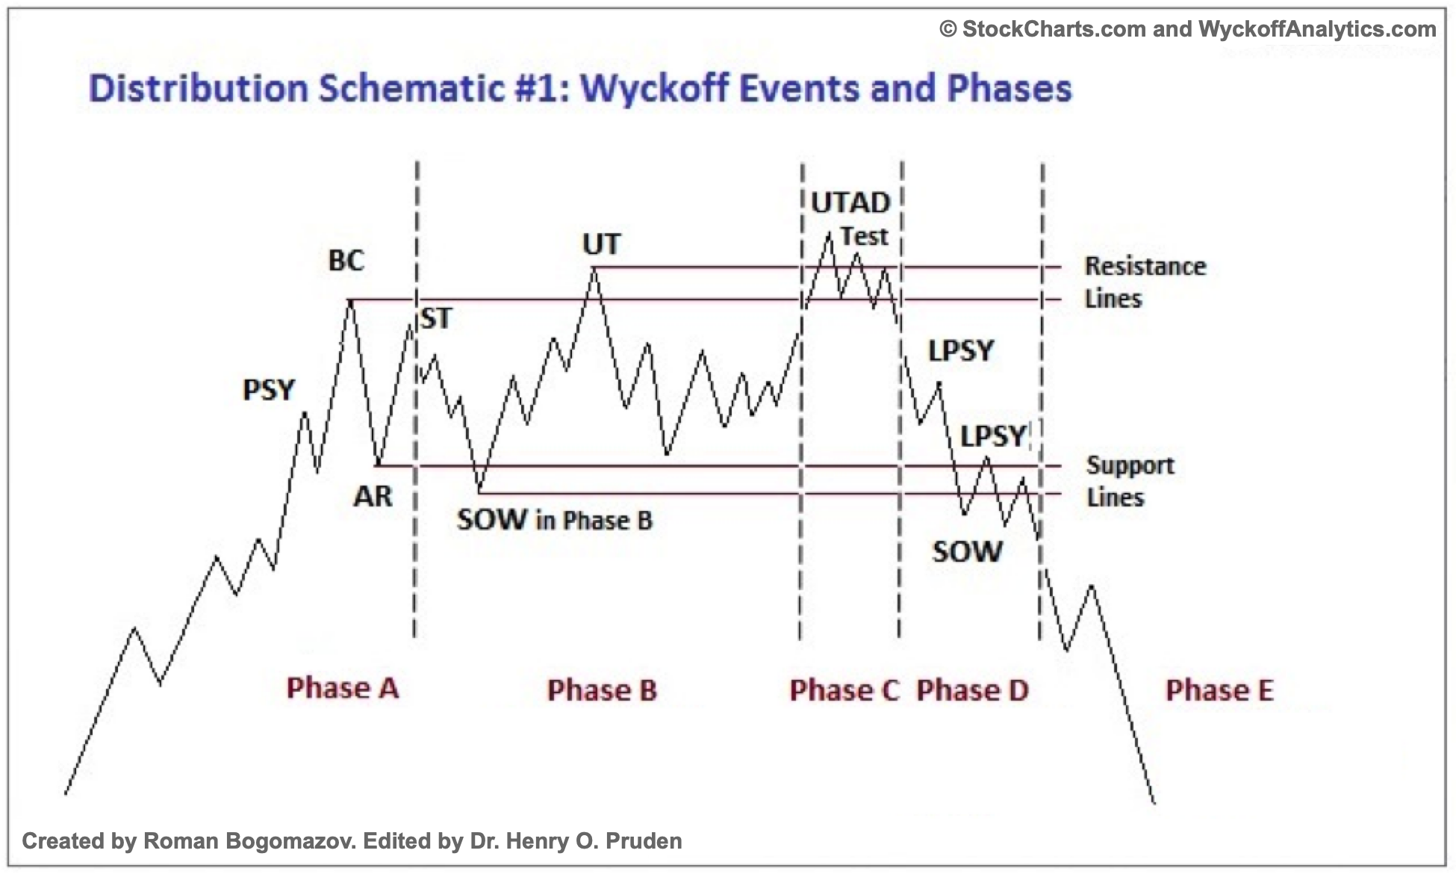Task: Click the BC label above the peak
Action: click(x=346, y=261)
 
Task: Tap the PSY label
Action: click(x=269, y=389)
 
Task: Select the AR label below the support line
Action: click(x=373, y=496)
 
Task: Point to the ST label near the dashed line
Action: click(x=437, y=319)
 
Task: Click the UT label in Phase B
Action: click(x=601, y=244)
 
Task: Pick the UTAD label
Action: click(x=850, y=202)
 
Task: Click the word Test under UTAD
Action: click(x=864, y=236)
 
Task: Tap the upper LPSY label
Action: click(x=961, y=350)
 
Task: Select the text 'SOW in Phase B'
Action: click(x=554, y=520)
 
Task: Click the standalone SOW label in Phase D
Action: click(x=967, y=552)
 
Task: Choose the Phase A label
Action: click(x=343, y=688)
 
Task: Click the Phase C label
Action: click(x=844, y=690)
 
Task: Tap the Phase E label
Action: click(x=1219, y=690)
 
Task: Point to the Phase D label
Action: click(x=972, y=690)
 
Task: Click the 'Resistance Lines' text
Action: click(x=1145, y=282)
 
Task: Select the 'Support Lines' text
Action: click(x=1130, y=481)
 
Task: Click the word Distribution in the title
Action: click(x=198, y=88)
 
